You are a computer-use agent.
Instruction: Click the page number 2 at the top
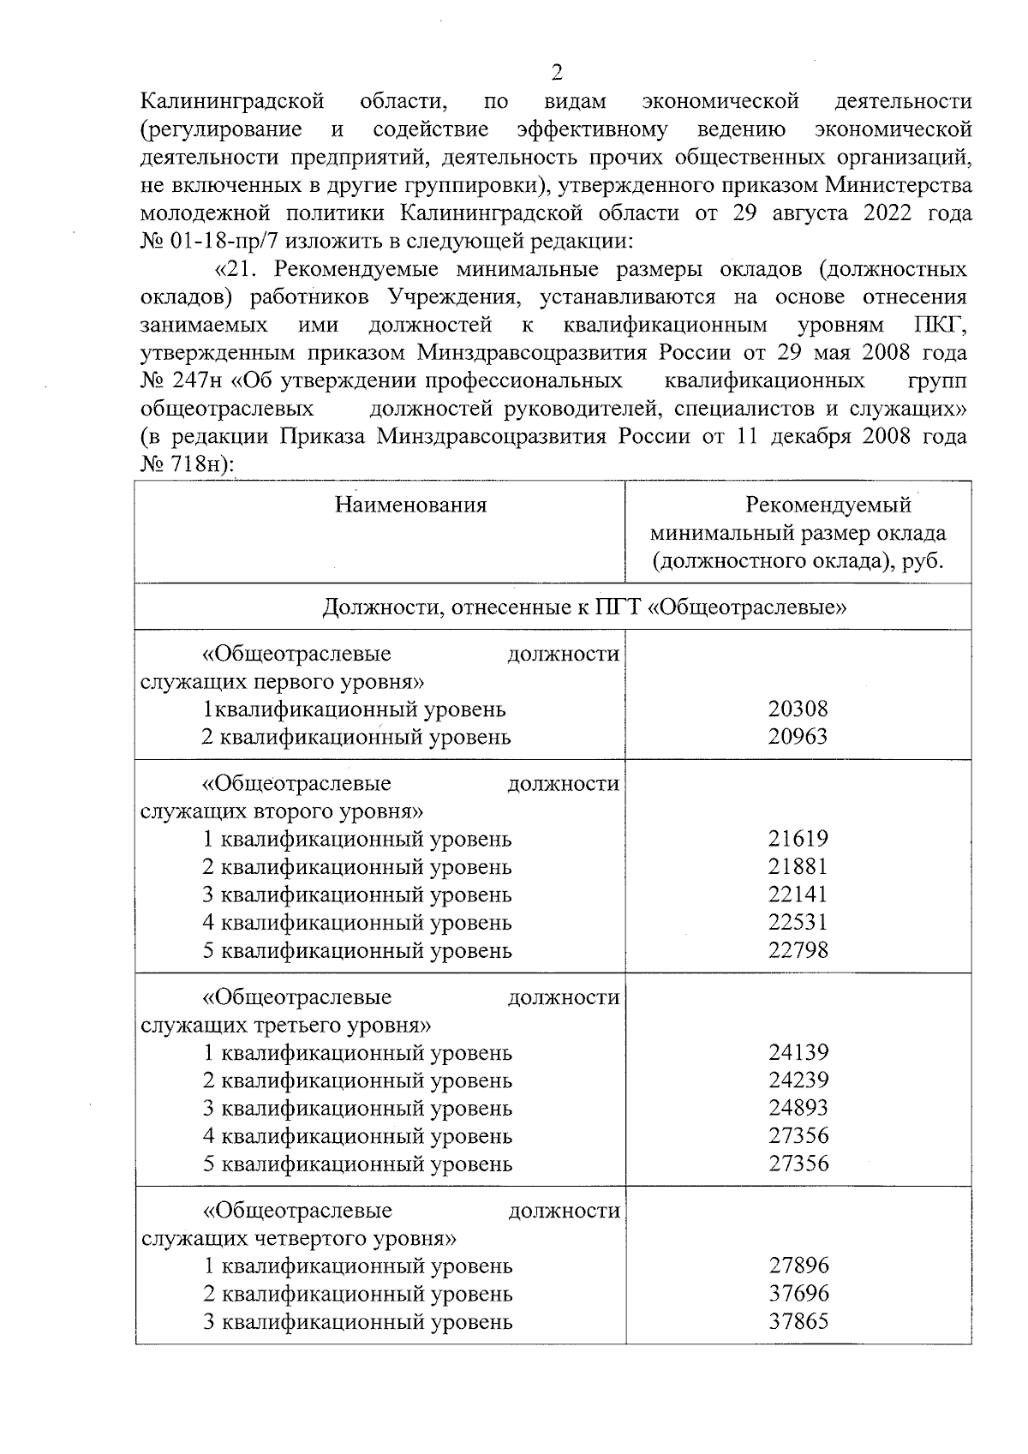coord(558,71)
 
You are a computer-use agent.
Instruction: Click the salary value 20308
coord(798,709)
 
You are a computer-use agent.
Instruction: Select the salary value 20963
coord(798,737)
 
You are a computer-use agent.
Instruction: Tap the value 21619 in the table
coord(798,839)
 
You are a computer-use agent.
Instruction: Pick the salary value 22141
coord(798,895)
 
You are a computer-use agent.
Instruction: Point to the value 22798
coord(798,950)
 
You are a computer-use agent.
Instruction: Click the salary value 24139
coord(798,1052)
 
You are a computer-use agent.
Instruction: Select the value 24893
coord(798,1108)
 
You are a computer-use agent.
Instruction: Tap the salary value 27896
coord(798,1266)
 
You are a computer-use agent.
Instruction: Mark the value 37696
coord(798,1294)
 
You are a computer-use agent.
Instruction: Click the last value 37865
coord(798,1321)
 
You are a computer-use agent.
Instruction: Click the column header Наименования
coord(410,506)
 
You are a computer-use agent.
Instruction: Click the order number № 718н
coord(184,464)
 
